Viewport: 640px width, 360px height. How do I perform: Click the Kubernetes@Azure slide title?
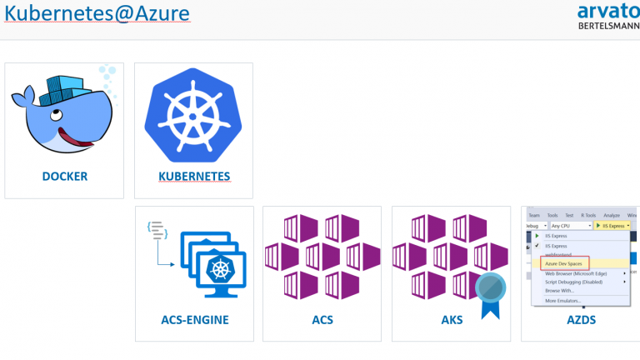pos(97,13)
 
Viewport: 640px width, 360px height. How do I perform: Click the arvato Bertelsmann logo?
pos(607,16)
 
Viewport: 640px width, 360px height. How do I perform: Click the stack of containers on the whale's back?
pos(67,85)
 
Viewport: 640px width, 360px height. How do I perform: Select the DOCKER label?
pos(64,177)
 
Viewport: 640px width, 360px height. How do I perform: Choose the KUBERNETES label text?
pos(194,177)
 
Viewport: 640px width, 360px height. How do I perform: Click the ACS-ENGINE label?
pos(194,319)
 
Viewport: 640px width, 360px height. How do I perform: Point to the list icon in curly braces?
pos(156,231)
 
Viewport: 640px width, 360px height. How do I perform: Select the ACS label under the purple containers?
pos(322,319)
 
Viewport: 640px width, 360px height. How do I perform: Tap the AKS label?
pos(452,319)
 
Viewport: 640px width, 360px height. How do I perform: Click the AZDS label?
pos(580,319)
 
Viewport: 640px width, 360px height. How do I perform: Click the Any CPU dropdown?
pos(569,226)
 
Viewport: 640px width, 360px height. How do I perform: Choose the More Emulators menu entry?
pos(562,300)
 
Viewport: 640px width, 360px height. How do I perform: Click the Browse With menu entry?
pos(561,290)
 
